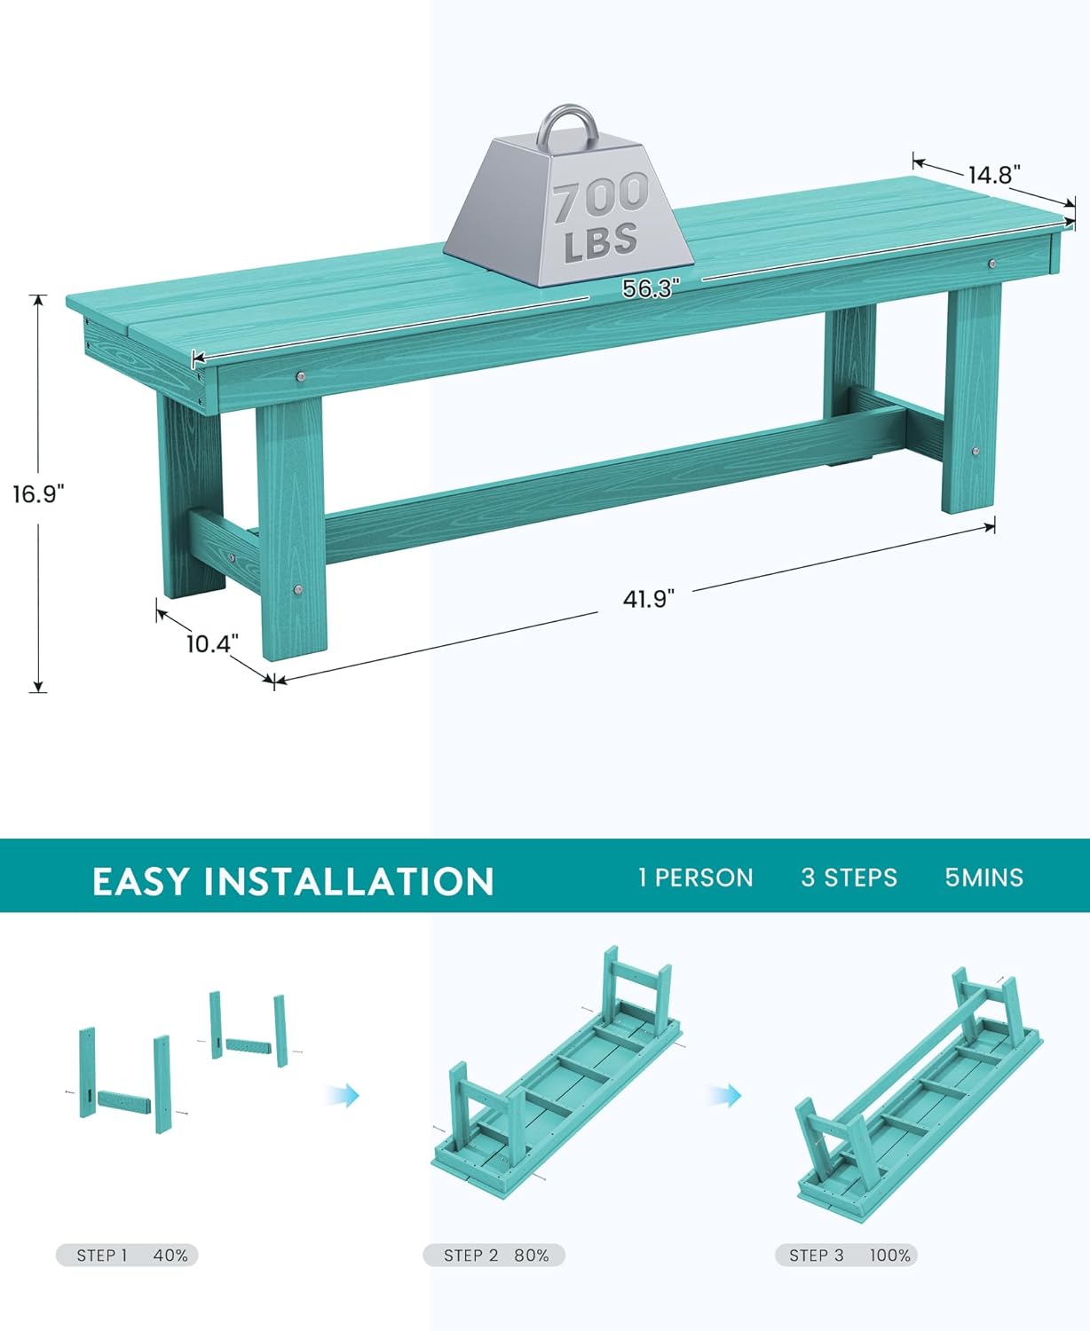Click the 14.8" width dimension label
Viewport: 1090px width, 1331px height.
(x=994, y=175)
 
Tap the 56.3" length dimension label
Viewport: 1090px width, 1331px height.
(x=650, y=288)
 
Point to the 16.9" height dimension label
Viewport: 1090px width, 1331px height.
(x=38, y=494)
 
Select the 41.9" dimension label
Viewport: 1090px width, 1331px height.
(x=649, y=599)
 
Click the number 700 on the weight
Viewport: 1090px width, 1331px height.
(x=601, y=198)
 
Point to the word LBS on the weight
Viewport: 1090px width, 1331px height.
(x=601, y=241)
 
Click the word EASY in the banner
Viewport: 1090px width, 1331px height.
(x=141, y=881)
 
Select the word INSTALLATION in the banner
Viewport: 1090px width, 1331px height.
(x=349, y=881)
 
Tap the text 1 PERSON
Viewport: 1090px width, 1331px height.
(x=695, y=878)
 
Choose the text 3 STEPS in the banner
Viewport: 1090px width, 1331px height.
(x=849, y=878)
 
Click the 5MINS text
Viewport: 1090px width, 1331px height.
(x=983, y=878)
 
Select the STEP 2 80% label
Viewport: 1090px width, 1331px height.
(x=494, y=1256)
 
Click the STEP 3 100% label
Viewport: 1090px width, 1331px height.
(x=846, y=1256)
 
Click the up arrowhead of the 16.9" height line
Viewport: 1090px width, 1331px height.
(x=38, y=299)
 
